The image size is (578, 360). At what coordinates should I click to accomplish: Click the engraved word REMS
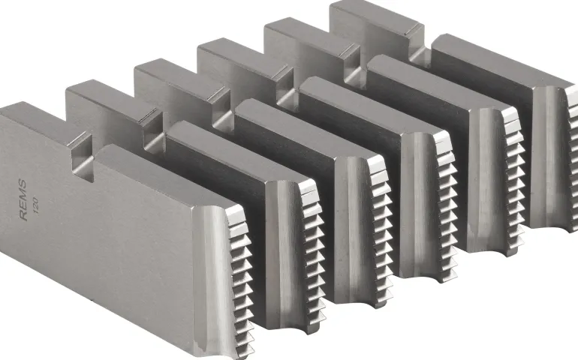click(23, 199)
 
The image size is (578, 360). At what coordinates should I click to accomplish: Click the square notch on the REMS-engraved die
click(81, 157)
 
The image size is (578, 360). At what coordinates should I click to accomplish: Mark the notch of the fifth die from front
click(353, 67)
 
